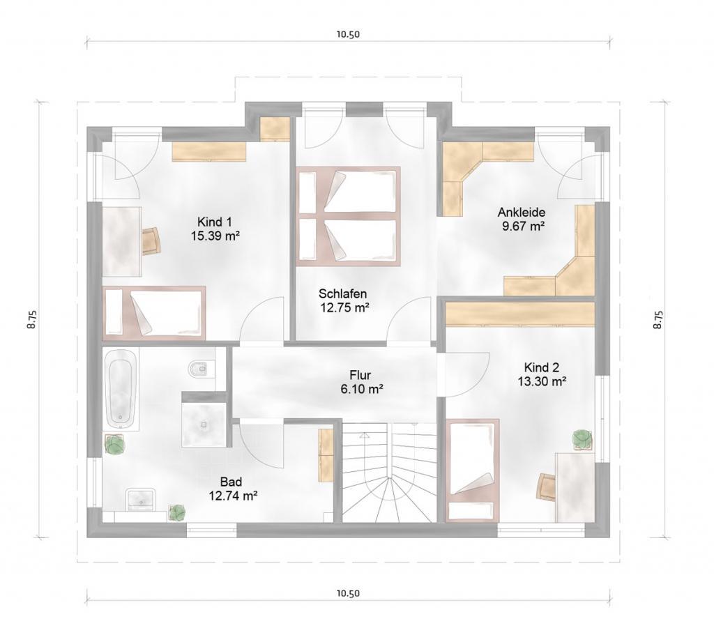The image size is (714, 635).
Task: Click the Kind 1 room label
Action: (x=215, y=222)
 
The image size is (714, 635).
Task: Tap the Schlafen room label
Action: (x=343, y=293)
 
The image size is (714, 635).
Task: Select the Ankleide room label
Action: (x=522, y=212)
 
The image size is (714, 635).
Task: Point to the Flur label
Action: (x=360, y=375)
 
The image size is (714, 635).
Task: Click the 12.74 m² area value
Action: (x=233, y=496)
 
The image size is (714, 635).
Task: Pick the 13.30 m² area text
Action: (x=542, y=381)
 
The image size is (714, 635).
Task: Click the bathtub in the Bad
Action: (x=121, y=389)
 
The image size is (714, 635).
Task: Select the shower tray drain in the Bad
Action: (x=204, y=424)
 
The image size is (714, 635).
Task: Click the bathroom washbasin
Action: (x=141, y=499)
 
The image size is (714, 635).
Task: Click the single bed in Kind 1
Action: (x=154, y=313)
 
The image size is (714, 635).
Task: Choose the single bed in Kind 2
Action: (x=472, y=470)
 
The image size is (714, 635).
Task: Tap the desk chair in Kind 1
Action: (x=151, y=240)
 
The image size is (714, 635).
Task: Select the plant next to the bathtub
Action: (x=114, y=444)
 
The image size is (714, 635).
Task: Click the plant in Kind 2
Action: (x=582, y=439)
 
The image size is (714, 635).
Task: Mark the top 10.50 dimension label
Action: (x=349, y=34)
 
